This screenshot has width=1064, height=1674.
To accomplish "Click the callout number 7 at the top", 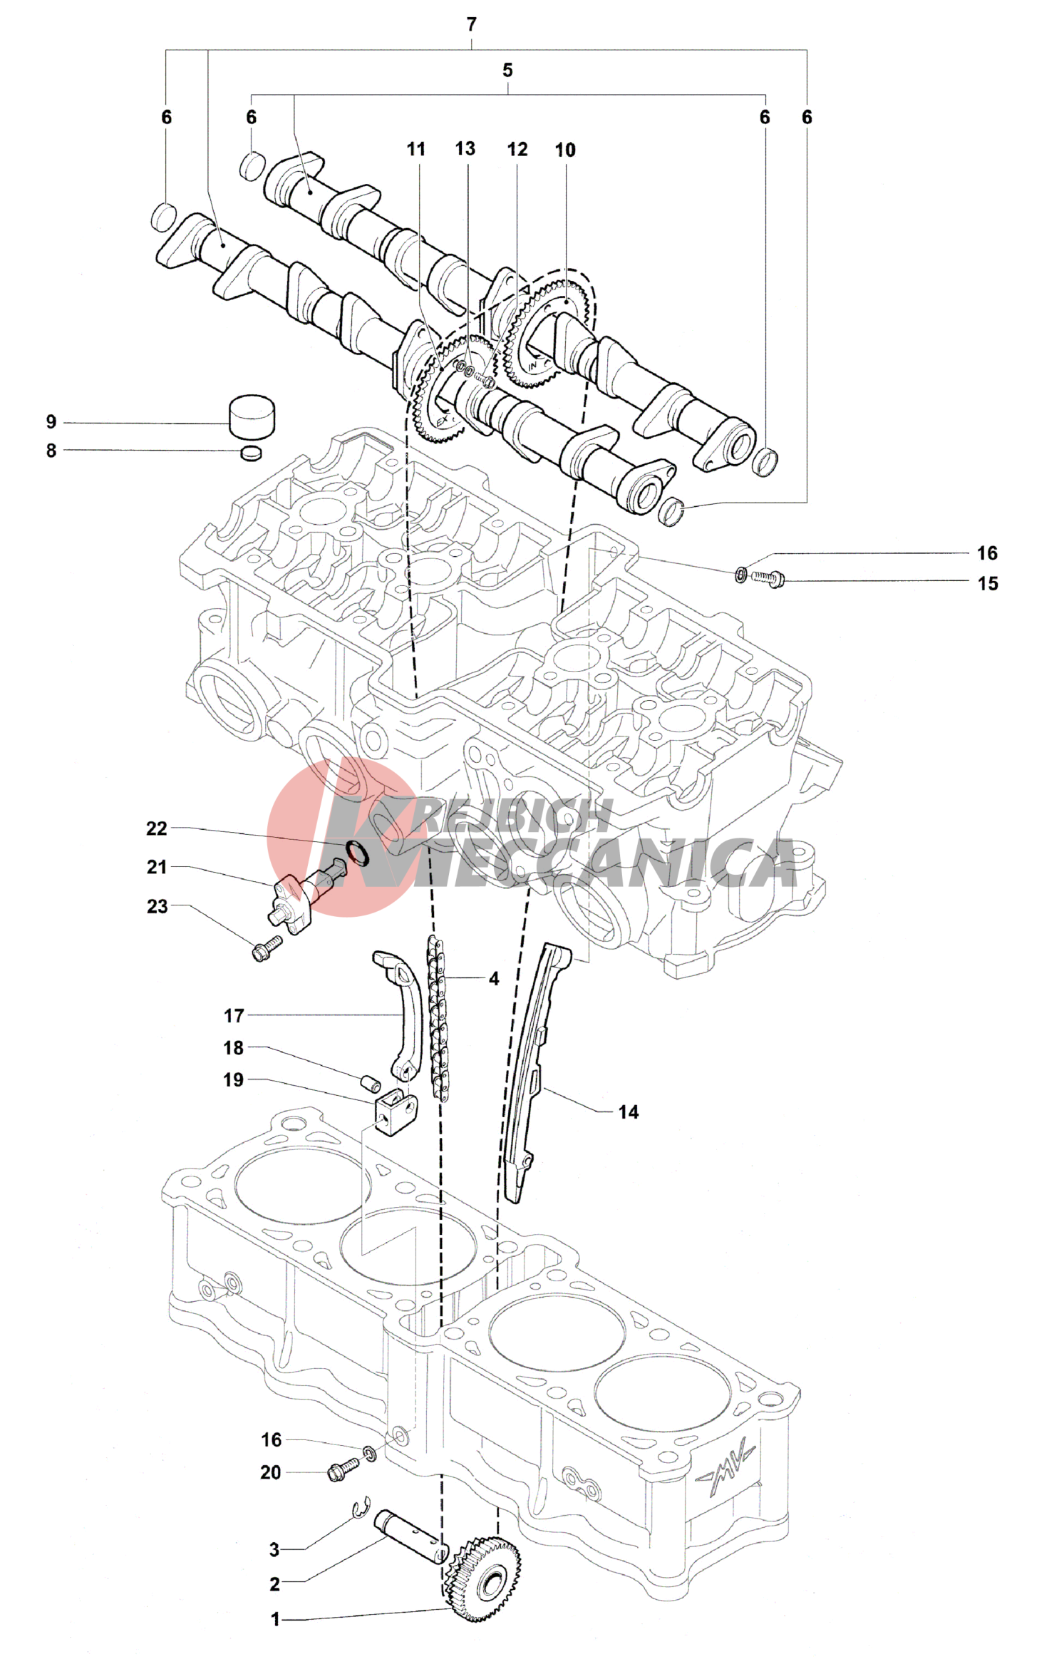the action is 471,25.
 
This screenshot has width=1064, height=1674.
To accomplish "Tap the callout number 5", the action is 507,71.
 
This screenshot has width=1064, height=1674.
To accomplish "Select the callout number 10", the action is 565,150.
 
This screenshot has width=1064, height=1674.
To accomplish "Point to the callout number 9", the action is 51,422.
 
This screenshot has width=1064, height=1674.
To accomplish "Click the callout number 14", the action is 628,1112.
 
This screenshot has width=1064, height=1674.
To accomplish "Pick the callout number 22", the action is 157,828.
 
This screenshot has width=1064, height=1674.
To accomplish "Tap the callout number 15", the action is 988,584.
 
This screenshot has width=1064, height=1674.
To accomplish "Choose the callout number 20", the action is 271,1473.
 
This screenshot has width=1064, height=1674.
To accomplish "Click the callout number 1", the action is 275,1620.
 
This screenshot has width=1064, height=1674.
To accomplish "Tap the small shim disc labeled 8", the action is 252,453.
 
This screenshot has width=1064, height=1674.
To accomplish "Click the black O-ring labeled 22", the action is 357,853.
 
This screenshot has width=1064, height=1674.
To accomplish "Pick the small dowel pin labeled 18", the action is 371,1083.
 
